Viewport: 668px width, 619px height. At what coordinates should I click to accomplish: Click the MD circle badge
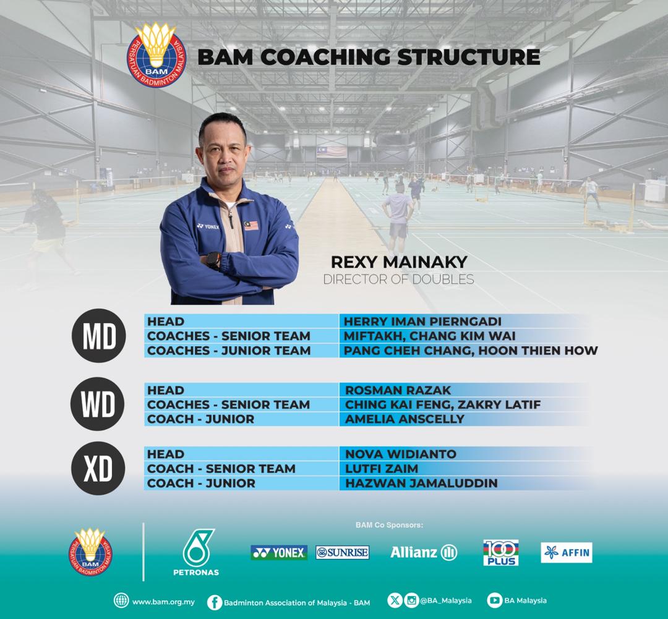(99, 336)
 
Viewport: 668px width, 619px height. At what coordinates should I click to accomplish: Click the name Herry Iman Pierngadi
(422, 322)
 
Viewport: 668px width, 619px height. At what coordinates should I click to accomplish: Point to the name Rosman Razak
(398, 390)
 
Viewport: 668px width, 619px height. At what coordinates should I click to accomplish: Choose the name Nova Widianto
(400, 454)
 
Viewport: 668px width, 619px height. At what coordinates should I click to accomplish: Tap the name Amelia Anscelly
(405, 419)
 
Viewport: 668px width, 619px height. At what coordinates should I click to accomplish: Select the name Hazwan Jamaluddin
(421, 484)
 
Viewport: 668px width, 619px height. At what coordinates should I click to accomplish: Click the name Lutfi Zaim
(381, 469)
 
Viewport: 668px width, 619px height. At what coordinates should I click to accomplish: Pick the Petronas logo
(196, 552)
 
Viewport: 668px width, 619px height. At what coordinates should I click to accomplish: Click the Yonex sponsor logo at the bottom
(279, 552)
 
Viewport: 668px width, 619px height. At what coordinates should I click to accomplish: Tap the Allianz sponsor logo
(424, 552)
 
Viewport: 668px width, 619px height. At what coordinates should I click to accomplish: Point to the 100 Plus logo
(501, 552)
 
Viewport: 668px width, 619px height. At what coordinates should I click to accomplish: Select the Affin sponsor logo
(566, 552)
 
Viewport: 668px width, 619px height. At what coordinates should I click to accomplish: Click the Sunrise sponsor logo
(342, 552)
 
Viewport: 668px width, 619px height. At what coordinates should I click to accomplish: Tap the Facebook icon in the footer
(215, 602)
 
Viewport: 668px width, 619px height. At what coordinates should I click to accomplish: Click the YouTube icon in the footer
(494, 600)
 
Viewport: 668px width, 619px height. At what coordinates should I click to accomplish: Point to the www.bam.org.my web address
(163, 601)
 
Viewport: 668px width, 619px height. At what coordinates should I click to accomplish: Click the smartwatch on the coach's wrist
(213, 260)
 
